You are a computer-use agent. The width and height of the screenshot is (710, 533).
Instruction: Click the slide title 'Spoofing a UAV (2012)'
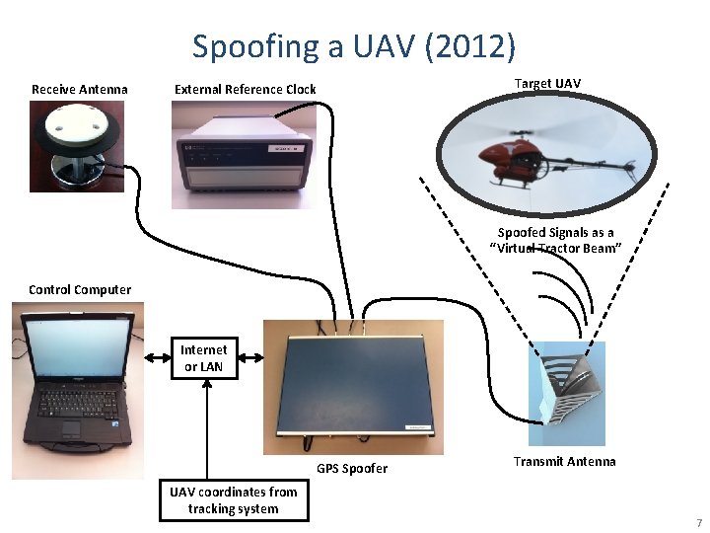click(x=354, y=45)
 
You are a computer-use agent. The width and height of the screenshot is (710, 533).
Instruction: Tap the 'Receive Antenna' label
click(x=79, y=90)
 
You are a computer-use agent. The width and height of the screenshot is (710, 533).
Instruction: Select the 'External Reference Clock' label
click(x=245, y=90)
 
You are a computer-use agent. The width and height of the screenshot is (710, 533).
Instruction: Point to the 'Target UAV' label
click(x=547, y=83)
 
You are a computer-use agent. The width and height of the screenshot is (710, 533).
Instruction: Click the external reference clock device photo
click(x=244, y=156)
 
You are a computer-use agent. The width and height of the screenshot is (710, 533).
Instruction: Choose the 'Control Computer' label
click(x=79, y=289)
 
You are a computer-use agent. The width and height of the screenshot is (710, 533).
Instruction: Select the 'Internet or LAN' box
click(x=203, y=357)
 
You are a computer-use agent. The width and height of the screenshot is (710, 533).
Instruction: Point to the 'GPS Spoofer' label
click(x=352, y=468)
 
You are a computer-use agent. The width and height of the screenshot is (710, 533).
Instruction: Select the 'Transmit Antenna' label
click(x=564, y=461)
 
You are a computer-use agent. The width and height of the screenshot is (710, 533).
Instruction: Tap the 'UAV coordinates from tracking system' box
click(x=233, y=500)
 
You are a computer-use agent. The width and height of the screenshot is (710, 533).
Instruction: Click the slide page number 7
click(x=697, y=521)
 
